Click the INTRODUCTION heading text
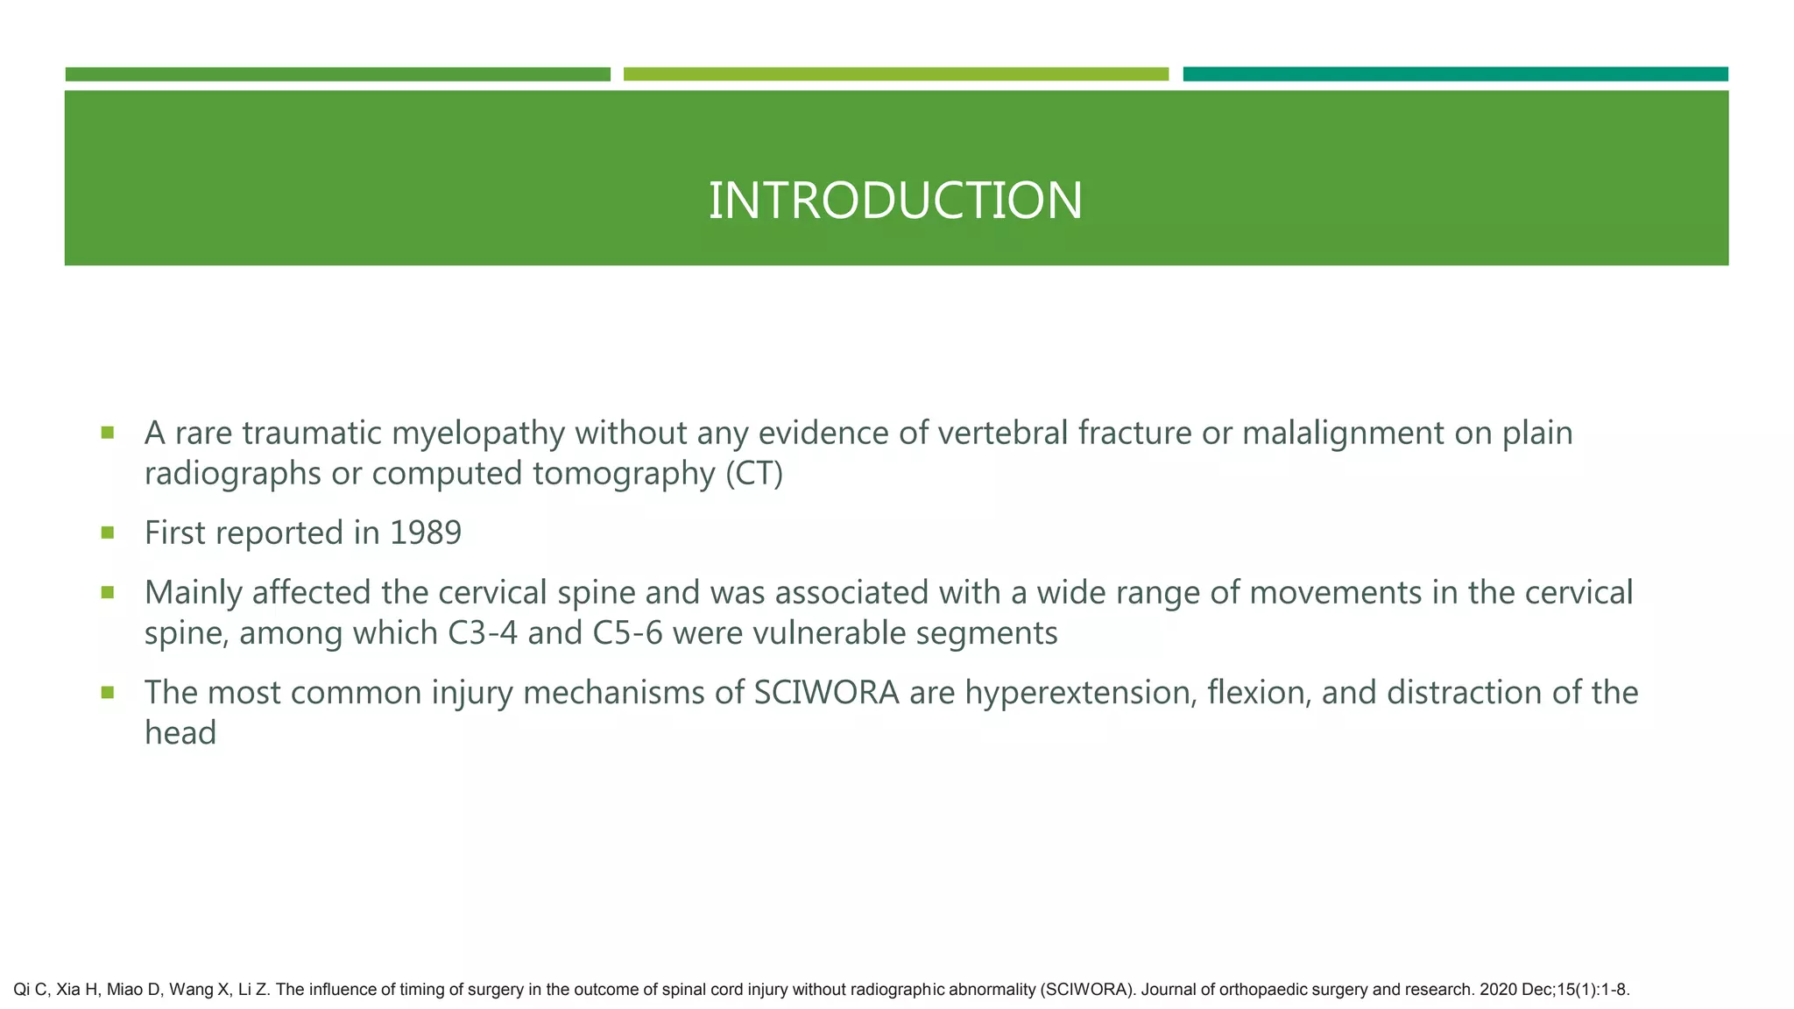895,201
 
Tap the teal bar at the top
1455,74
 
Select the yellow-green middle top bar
895,74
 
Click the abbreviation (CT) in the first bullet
754,474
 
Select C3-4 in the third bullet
483,633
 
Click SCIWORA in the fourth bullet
826,693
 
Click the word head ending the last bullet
180,733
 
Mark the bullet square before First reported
108,532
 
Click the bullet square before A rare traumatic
108,432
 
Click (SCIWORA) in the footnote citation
1087,991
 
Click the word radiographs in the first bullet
231,474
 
